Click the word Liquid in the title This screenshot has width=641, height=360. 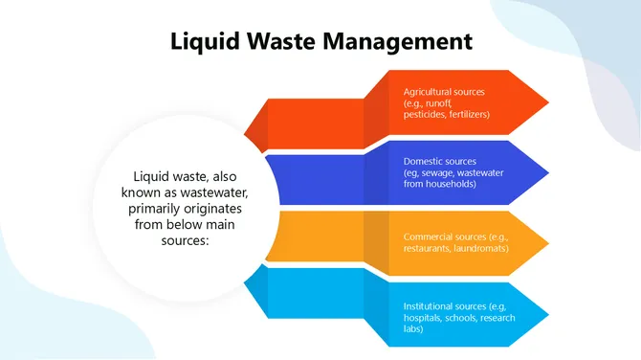pyautogui.click(x=202, y=41)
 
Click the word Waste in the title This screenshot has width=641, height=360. pyautogui.click(x=278, y=41)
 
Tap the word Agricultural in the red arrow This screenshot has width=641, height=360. pyautogui.click(x=430, y=92)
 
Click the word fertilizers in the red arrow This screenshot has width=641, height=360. pyautogui.click(x=470, y=114)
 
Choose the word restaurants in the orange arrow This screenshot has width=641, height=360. pyautogui.click(x=427, y=248)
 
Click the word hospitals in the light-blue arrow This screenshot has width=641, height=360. pyautogui.click(x=423, y=317)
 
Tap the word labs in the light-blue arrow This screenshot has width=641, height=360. pyautogui.click(x=411, y=328)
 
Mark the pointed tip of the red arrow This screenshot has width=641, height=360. pyautogui.click(x=549, y=101)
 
